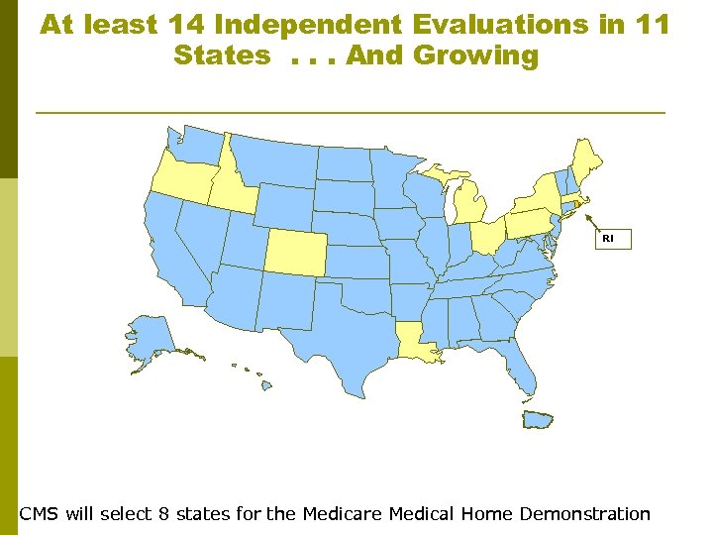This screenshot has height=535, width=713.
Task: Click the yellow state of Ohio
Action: coord(486,237)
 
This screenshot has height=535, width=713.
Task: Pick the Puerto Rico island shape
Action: coord(539,420)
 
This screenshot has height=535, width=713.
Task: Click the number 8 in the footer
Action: coord(164,513)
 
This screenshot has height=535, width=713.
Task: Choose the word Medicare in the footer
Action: coord(343,513)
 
